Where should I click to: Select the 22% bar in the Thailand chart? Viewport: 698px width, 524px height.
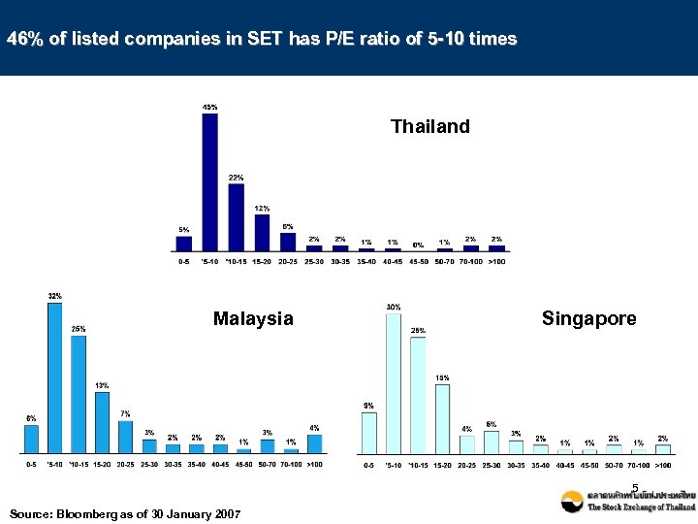(x=236, y=216)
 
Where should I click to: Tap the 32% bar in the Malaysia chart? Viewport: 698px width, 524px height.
(x=55, y=377)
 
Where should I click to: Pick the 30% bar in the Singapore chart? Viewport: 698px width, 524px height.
(x=393, y=382)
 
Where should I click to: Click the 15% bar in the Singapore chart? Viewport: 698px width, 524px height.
(x=442, y=418)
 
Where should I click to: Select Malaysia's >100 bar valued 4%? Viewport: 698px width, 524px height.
(x=314, y=442)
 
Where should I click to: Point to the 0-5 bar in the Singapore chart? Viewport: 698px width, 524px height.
(x=368, y=432)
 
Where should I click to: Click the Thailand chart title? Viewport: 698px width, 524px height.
(x=429, y=126)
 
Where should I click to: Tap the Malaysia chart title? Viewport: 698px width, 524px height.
(x=253, y=318)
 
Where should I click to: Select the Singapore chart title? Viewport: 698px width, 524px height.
(x=588, y=318)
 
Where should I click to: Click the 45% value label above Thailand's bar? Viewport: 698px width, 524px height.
(x=209, y=106)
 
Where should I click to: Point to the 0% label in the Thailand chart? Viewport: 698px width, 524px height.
(x=418, y=245)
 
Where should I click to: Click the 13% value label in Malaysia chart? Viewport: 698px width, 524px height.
(x=102, y=385)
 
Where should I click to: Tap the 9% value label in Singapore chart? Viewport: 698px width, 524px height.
(x=368, y=405)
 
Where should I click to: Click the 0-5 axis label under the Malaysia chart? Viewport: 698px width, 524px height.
(x=32, y=465)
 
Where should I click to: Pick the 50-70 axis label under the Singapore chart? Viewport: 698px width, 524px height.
(x=614, y=466)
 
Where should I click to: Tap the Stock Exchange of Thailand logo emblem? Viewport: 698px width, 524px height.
(x=572, y=501)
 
